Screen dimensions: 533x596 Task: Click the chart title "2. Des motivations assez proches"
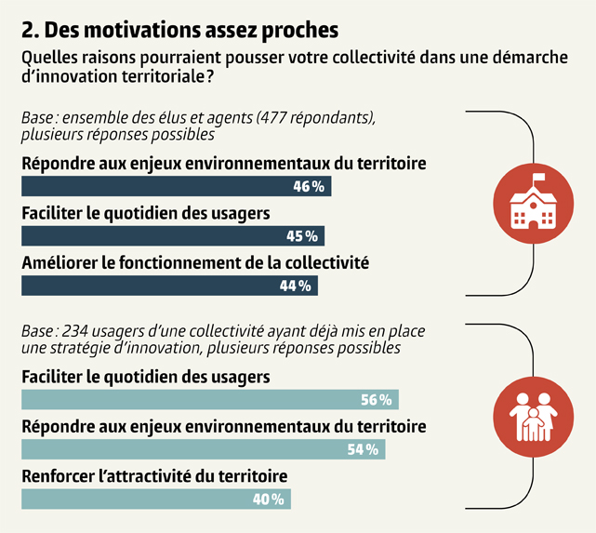click(x=179, y=29)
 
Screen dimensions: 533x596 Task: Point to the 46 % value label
click(x=309, y=187)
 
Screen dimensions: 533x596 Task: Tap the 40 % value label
click(x=269, y=500)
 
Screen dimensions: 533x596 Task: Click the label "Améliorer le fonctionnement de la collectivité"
click(x=195, y=263)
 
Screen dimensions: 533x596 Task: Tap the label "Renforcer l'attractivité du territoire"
click(x=153, y=476)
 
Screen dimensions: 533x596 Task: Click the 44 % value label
click(x=295, y=286)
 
